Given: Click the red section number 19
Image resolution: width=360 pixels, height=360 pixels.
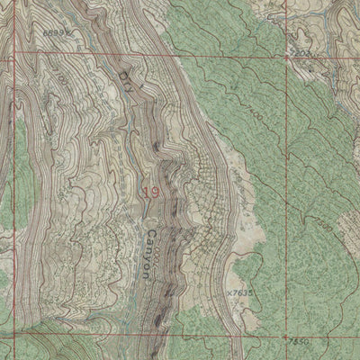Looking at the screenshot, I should (x=150, y=191).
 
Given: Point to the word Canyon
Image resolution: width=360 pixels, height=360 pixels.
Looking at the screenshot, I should (x=151, y=257).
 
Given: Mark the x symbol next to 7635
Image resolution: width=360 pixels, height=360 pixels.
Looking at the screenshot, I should (x=229, y=292).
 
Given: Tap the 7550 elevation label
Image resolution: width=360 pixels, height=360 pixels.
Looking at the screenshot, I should (x=300, y=343).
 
